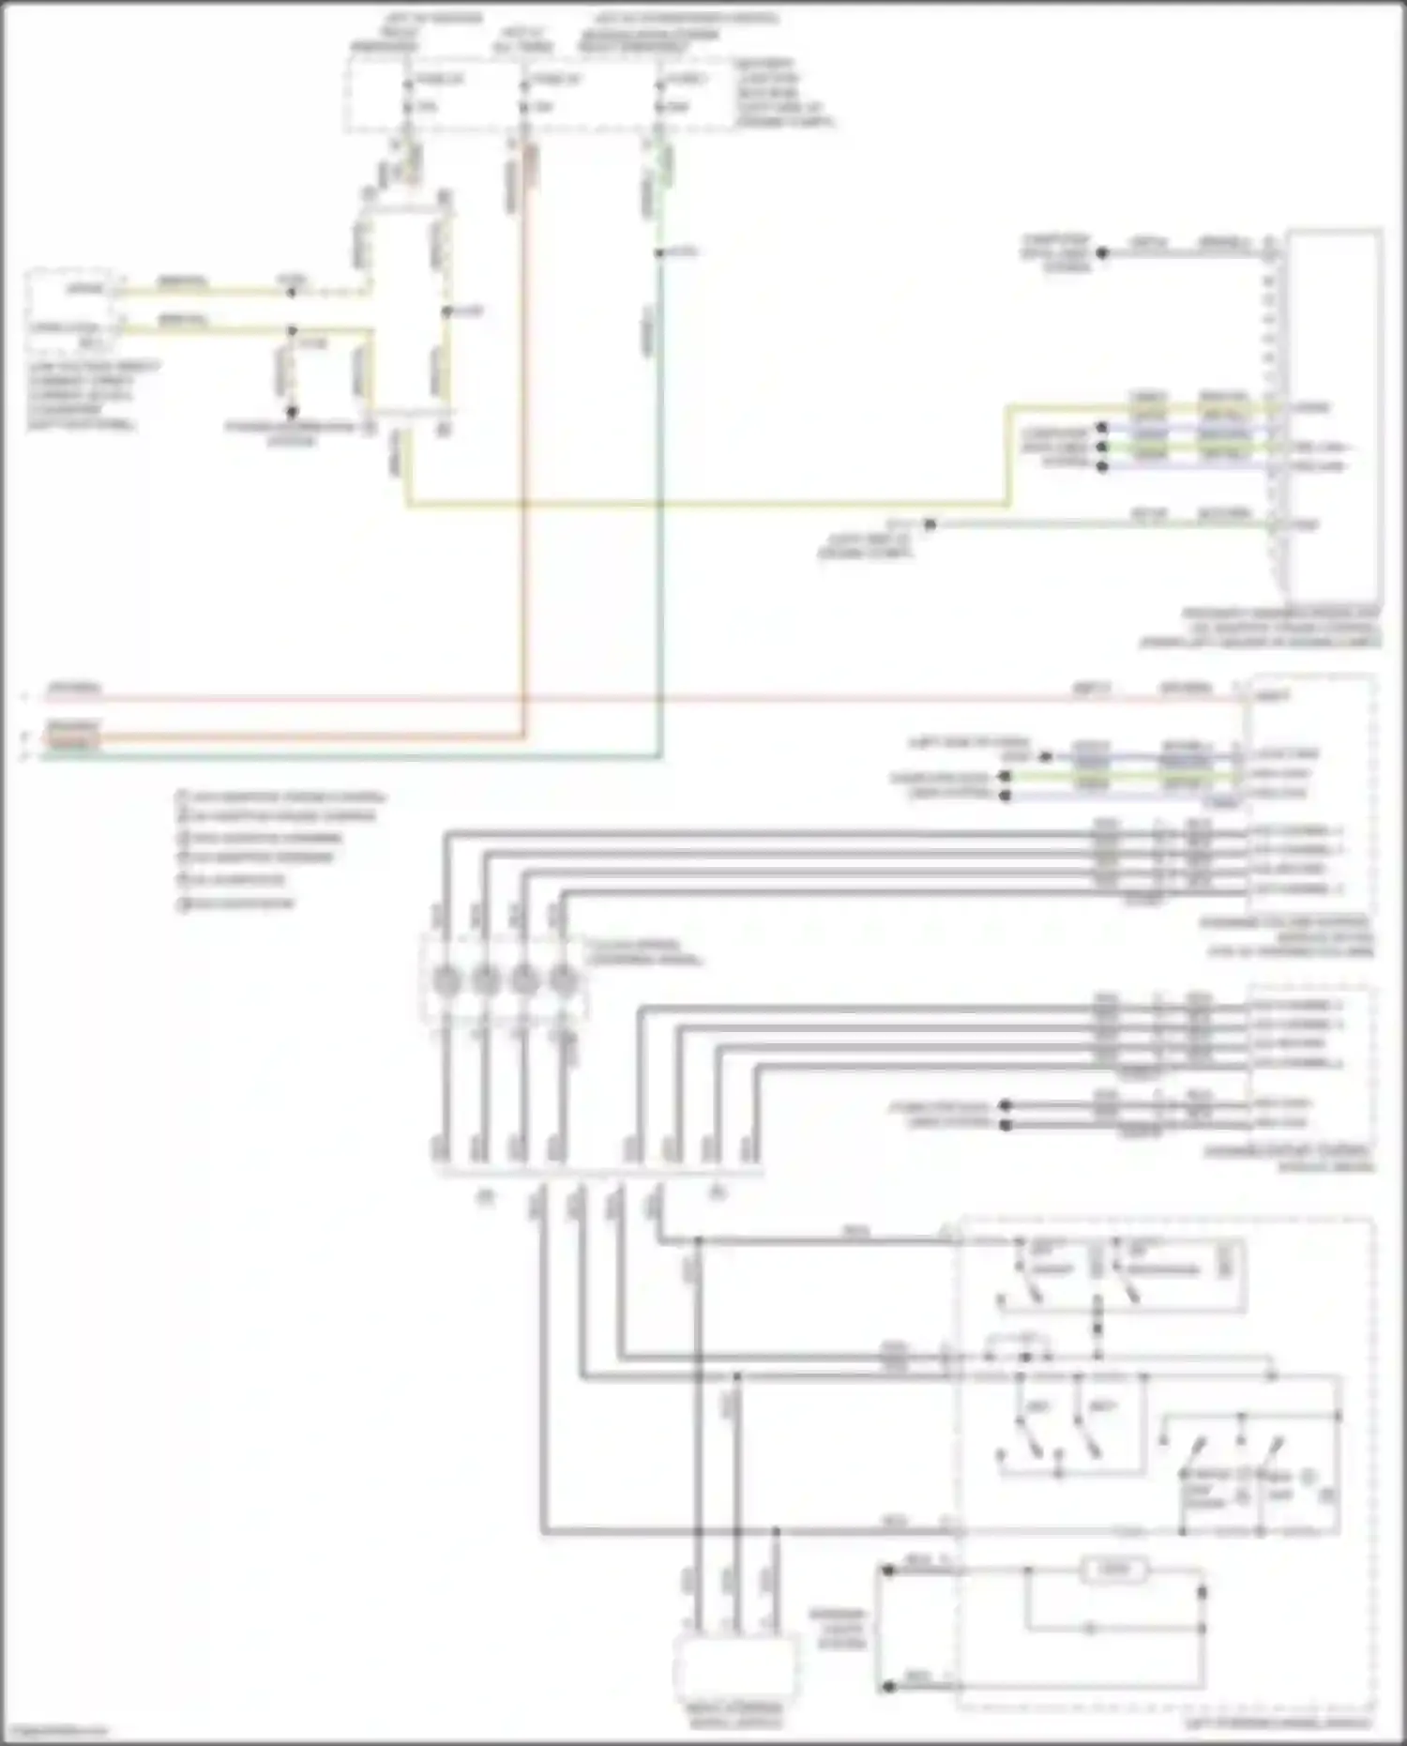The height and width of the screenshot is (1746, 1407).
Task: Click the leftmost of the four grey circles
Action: (446, 981)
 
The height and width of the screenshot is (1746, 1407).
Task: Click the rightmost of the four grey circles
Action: (562, 981)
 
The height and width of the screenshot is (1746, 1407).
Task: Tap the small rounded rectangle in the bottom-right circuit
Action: (1114, 1570)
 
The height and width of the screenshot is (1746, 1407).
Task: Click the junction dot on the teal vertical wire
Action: (659, 253)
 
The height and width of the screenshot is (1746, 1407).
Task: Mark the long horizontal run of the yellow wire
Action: (703, 505)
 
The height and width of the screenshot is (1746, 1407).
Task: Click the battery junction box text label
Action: (781, 94)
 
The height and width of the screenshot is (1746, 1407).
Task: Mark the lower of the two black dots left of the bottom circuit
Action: (887, 1687)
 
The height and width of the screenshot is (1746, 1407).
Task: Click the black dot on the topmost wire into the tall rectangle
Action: (1102, 252)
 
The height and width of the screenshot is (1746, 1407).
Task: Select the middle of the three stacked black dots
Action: (1102, 447)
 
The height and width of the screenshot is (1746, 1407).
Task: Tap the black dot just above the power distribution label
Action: (292, 411)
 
